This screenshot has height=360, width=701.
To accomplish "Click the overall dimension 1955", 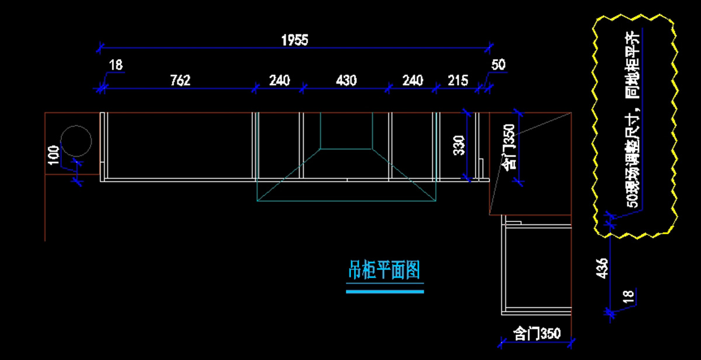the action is click(x=294, y=40).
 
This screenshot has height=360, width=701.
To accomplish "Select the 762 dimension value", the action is click(x=180, y=80).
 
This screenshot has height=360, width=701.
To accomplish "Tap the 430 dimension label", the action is click(x=346, y=80).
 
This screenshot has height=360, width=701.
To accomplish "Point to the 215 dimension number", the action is click(x=457, y=80).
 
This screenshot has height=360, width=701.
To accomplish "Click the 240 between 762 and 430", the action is click(x=279, y=80).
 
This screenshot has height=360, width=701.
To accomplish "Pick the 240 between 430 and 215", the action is click(x=412, y=80).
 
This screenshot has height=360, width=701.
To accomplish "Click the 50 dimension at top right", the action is click(x=498, y=65).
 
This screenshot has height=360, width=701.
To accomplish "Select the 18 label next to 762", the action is click(x=116, y=65).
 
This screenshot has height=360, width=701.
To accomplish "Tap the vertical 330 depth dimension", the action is click(x=459, y=146).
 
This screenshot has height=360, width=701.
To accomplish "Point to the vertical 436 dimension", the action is click(x=602, y=268).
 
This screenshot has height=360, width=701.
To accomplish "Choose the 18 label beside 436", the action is click(x=629, y=297).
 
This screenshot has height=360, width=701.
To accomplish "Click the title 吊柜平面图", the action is click(x=384, y=269).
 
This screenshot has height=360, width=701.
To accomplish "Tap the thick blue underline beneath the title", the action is click(x=384, y=290).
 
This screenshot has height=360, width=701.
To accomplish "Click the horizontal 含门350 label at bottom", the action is click(x=537, y=334).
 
